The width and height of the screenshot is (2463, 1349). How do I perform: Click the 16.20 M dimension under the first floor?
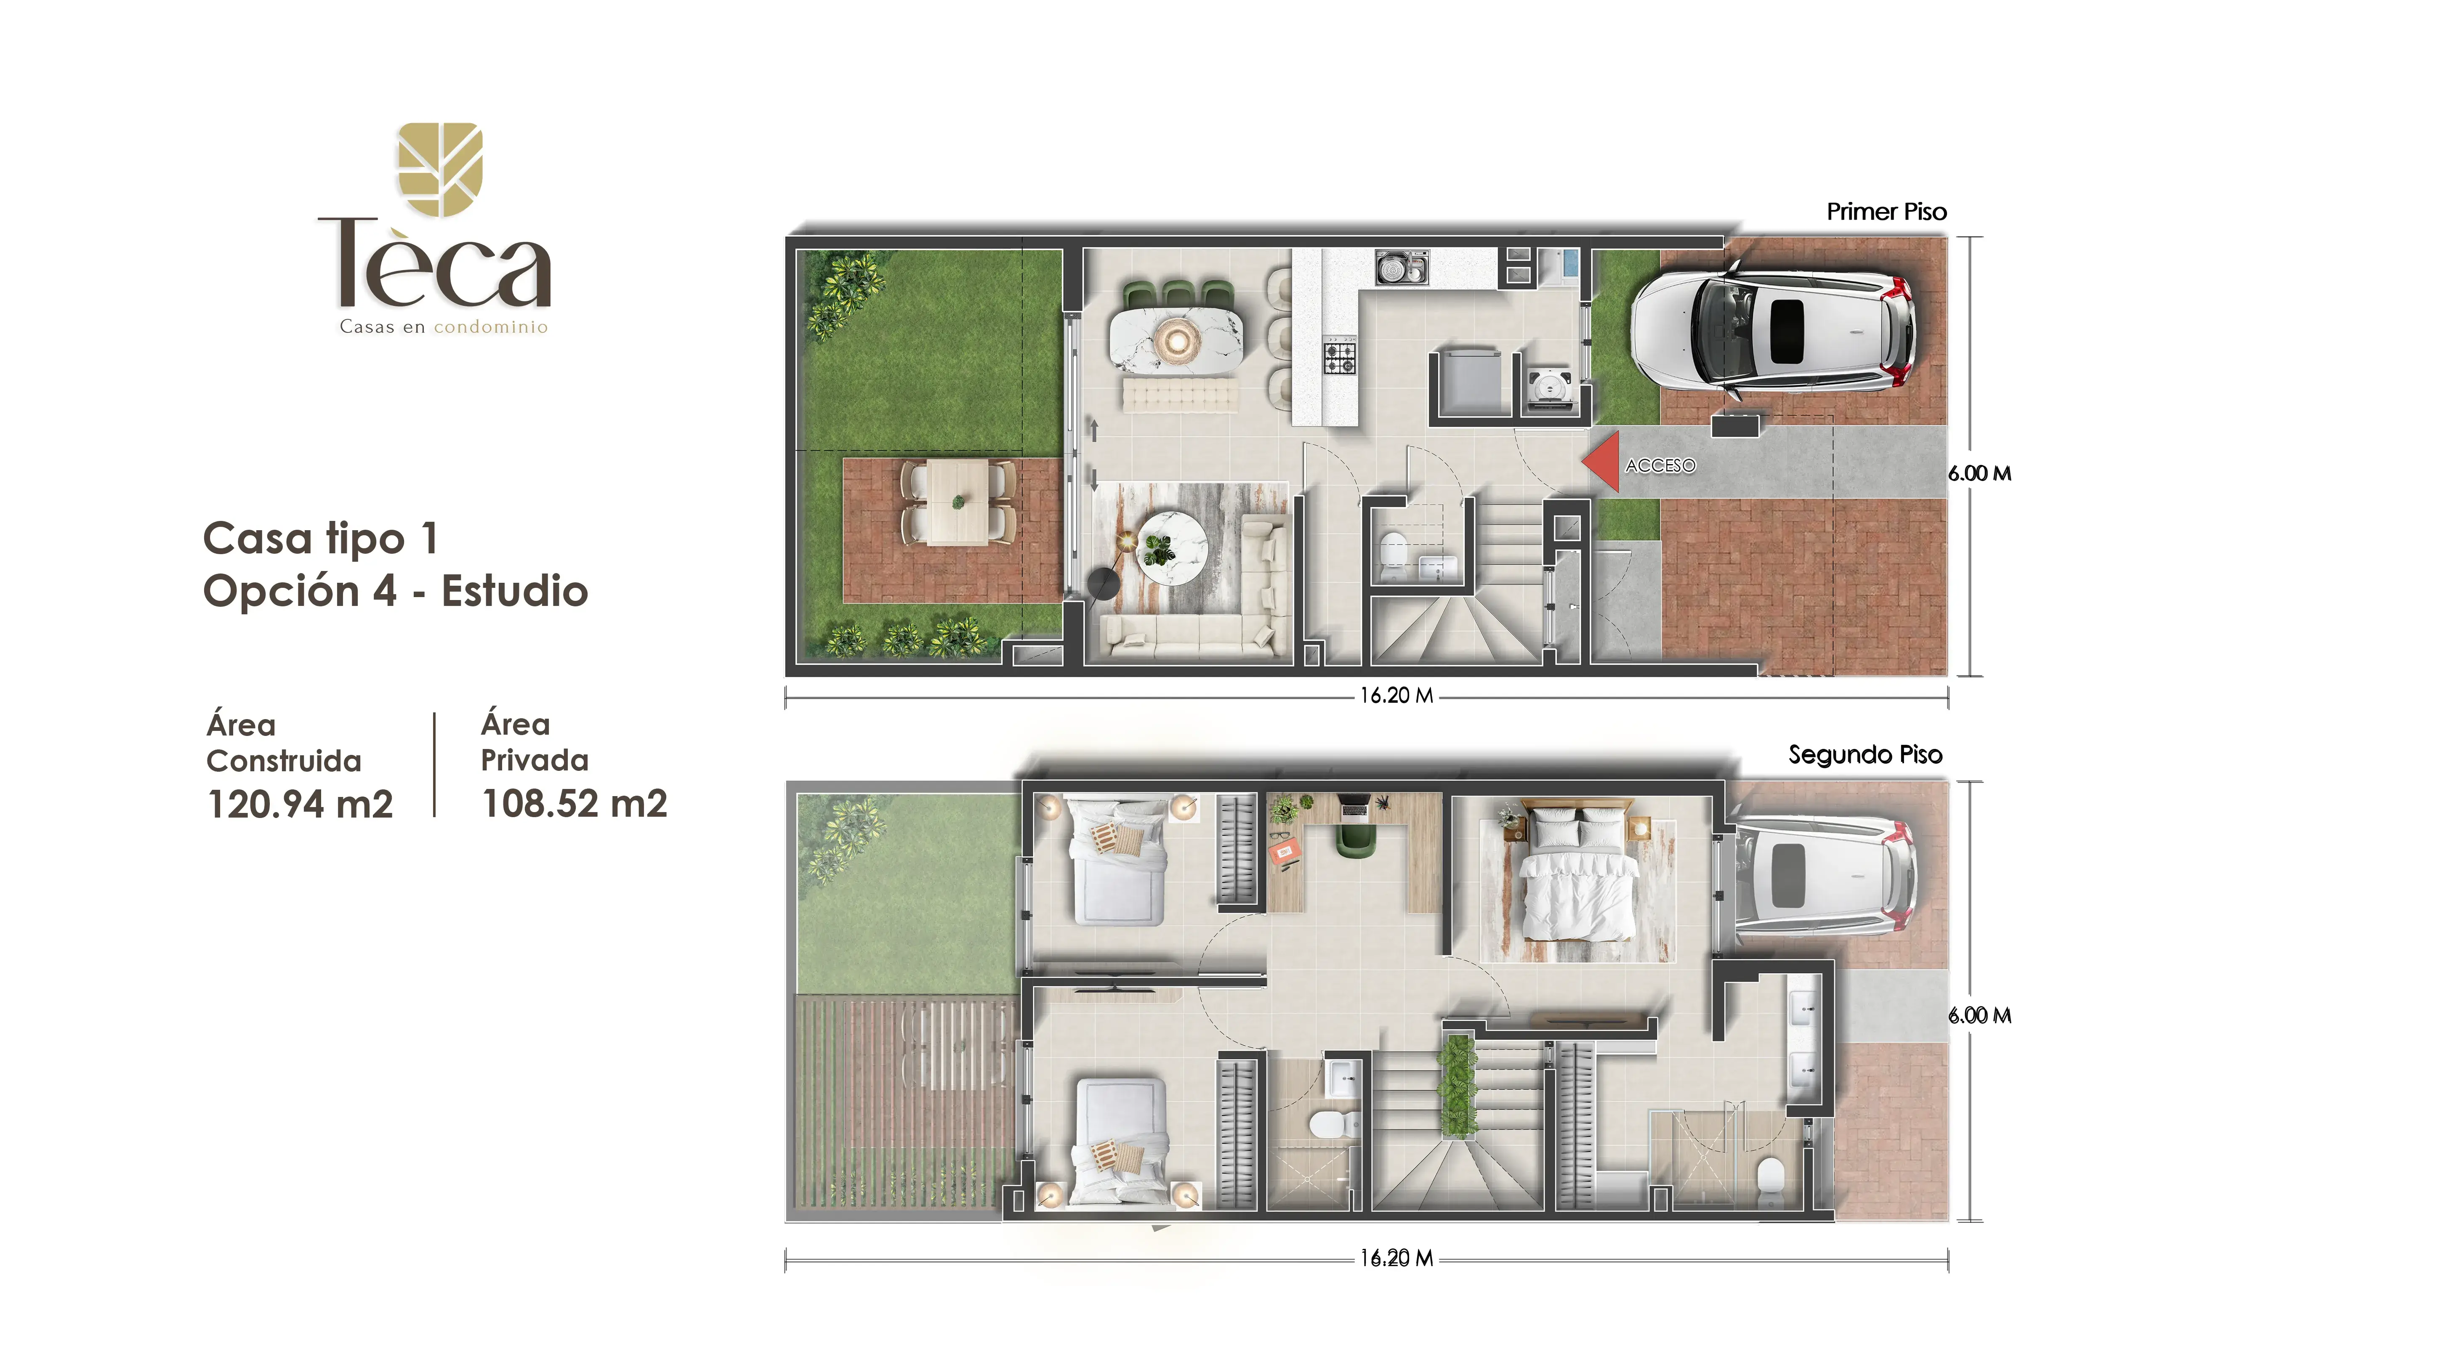point(1397,696)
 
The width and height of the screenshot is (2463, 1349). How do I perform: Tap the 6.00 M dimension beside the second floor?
point(1979,1015)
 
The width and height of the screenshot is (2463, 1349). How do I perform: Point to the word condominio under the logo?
point(490,327)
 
